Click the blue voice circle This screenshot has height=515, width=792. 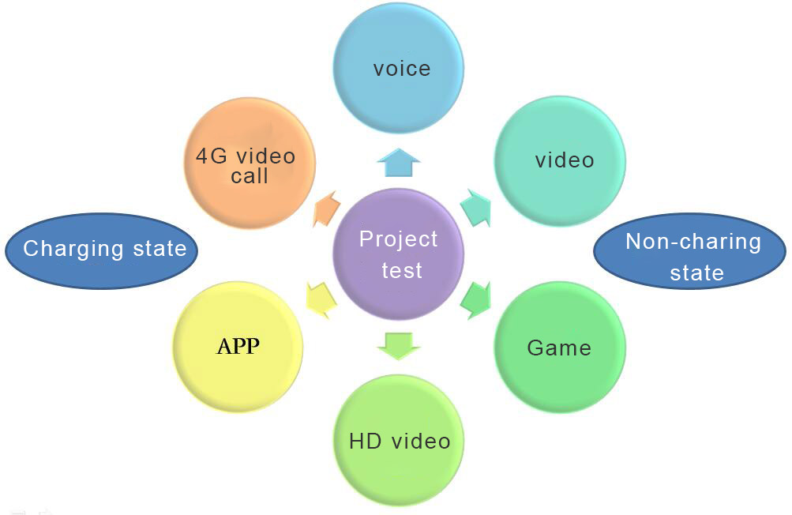[x=398, y=68]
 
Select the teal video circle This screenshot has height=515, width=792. [x=560, y=160]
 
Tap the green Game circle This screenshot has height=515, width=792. [x=560, y=348]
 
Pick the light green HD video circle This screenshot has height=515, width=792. [x=399, y=440]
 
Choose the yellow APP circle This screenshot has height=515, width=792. [x=238, y=346]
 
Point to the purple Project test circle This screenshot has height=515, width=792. [x=399, y=254]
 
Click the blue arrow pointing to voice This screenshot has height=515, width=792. [x=397, y=163]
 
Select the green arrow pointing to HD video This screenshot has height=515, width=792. [x=398, y=345]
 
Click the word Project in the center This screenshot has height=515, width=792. [x=398, y=239]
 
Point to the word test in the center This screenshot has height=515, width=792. [x=402, y=270]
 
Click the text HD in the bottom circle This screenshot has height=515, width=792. [x=364, y=441]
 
